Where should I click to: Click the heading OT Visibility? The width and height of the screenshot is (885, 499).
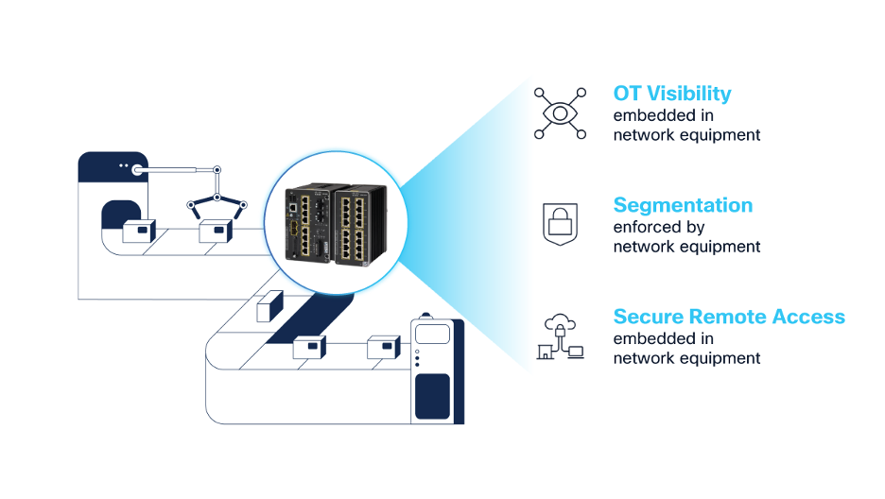pyautogui.click(x=671, y=94)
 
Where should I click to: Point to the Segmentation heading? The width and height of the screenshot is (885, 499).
pyautogui.click(x=683, y=205)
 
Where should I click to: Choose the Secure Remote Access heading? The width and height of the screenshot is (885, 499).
pyautogui.click(x=729, y=317)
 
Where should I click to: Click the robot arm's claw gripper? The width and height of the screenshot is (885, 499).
pyautogui.click(x=217, y=203)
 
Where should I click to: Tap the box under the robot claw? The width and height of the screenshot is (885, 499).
pyautogui.click(x=216, y=232)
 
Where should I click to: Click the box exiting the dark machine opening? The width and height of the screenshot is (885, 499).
pyautogui.click(x=139, y=231)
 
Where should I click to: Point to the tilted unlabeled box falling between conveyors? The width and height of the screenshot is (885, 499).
pyautogui.click(x=269, y=304)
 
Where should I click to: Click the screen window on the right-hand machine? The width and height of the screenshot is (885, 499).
pyautogui.click(x=433, y=335)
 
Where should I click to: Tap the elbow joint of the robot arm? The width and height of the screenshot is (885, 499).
pyautogui.click(x=217, y=171)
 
